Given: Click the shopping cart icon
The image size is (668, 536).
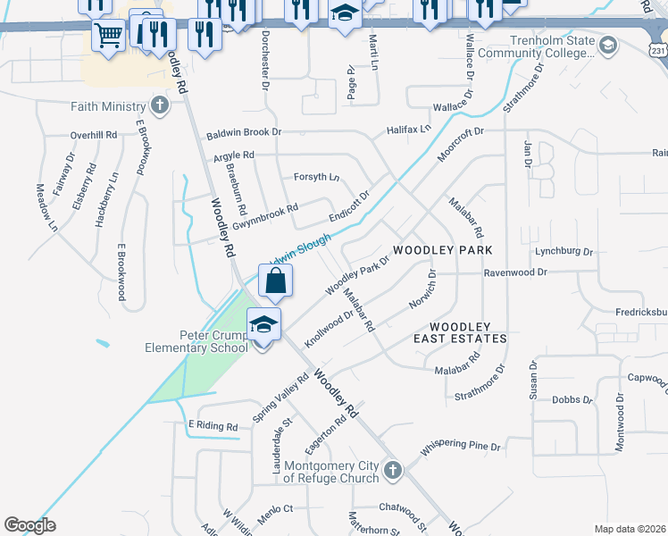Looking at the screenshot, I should point(108,37).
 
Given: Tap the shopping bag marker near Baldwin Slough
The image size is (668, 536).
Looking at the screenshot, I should point(276,281).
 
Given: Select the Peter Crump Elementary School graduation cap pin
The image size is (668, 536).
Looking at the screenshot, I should point(263,324).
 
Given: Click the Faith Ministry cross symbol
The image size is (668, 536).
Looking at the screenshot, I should point(159,106).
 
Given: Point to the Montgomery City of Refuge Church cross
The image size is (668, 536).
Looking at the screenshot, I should point(393,469).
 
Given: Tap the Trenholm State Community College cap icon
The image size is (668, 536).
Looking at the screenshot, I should point(607,46).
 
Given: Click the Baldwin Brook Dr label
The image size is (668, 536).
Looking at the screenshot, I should point(244,133).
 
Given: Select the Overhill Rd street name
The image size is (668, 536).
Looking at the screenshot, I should point(94,135).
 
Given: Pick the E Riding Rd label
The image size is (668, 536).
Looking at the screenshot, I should point(213,427).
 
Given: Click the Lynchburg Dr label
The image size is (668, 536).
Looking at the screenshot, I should point(564,252).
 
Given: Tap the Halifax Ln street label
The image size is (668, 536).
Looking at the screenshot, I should point(409,130).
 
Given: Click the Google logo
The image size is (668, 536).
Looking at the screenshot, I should point(29,525).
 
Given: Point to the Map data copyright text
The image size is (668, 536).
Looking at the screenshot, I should point(629,529).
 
